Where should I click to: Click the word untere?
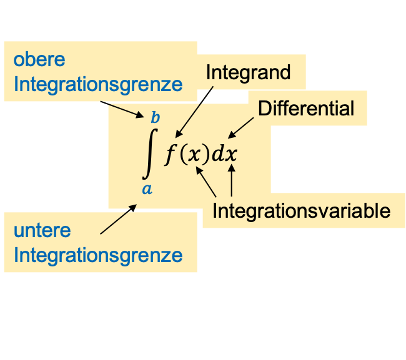point(42,230)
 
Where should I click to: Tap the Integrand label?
point(248,72)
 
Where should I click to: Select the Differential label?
point(306,109)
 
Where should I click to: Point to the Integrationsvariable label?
point(301,211)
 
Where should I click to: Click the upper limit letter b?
point(155,117)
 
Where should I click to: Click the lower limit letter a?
point(147,188)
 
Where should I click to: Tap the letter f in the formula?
point(171,154)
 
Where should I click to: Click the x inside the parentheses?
point(195,155)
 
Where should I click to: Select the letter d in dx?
point(217,154)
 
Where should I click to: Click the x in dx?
point(232,155)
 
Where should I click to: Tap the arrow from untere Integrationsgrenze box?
point(119,219)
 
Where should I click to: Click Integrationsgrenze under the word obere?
point(98,85)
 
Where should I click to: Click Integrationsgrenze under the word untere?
point(98,255)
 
